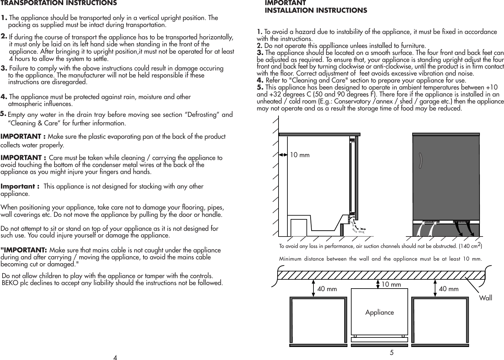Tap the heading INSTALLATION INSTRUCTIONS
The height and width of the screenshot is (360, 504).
(316, 10)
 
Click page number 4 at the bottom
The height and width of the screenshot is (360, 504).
(115, 358)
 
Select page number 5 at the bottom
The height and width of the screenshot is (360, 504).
(392, 352)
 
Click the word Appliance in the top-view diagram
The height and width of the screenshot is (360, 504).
(380, 312)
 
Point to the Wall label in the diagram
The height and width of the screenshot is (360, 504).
(486, 298)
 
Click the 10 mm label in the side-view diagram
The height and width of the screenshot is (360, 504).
(300, 155)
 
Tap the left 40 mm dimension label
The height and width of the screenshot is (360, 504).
(327, 289)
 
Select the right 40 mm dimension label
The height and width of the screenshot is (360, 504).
(448, 289)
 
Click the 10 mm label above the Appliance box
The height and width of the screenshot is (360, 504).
(391, 284)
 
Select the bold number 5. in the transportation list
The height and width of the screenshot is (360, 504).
(3, 113)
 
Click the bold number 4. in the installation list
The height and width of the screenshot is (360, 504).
(260, 80)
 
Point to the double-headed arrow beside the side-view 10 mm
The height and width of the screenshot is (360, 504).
(283, 155)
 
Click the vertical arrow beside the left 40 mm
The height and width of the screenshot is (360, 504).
(314, 288)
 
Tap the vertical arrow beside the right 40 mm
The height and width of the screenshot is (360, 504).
(435, 288)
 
